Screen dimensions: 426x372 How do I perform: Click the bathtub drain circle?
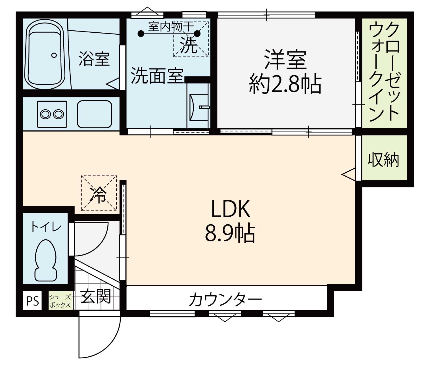54,55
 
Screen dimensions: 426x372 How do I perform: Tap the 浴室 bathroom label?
94,59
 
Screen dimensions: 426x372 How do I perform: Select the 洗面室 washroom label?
157,76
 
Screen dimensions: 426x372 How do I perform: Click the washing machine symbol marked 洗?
191,39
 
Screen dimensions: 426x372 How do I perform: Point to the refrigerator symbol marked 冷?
99,193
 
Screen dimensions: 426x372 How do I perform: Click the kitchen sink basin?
94,114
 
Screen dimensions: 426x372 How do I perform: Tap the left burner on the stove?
45,114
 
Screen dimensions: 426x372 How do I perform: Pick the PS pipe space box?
32,301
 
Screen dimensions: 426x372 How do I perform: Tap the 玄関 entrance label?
95,296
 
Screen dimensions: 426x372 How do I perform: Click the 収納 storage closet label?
383,160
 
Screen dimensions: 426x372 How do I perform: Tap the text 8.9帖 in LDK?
230,233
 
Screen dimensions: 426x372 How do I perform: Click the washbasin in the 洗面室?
199,107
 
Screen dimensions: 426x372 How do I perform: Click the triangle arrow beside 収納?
349,174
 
